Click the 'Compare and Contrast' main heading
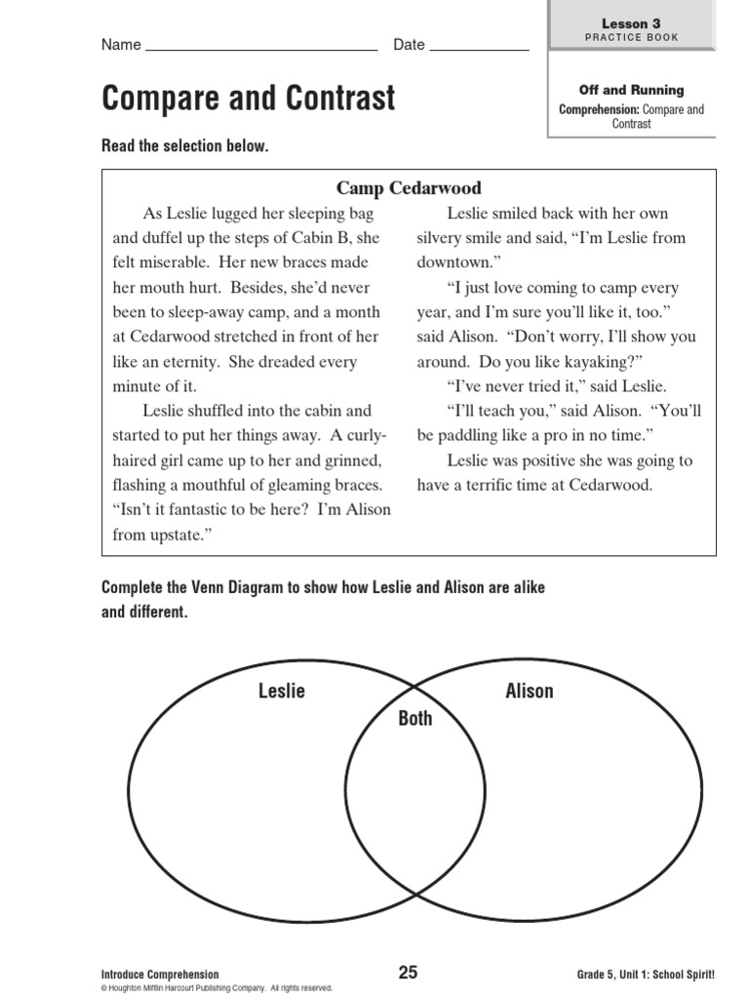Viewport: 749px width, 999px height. pyautogui.click(x=249, y=99)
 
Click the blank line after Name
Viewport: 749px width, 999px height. pyautogui.click(x=260, y=45)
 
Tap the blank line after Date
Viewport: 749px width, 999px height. pyautogui.click(x=479, y=45)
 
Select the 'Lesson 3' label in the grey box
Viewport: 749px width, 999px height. pyautogui.click(x=631, y=22)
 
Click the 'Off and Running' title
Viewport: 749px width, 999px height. pyautogui.click(x=631, y=91)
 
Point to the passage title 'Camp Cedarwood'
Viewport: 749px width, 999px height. pyautogui.click(x=409, y=188)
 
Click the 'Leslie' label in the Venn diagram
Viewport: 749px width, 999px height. pyautogui.click(x=281, y=691)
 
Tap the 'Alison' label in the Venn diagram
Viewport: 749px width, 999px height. pyautogui.click(x=529, y=691)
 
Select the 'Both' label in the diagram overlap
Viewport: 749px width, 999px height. pyautogui.click(x=414, y=718)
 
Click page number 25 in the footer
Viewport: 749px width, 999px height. pyautogui.click(x=408, y=972)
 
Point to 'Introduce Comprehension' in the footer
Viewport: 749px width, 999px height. pyautogui.click(x=160, y=974)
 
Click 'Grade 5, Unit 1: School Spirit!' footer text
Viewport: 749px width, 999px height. pyautogui.click(x=646, y=974)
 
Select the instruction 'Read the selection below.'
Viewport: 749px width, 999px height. pyautogui.click(x=184, y=145)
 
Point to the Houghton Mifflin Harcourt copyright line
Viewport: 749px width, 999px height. pyautogui.click(x=217, y=987)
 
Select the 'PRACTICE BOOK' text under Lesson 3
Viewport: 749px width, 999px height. pyautogui.click(x=631, y=37)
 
